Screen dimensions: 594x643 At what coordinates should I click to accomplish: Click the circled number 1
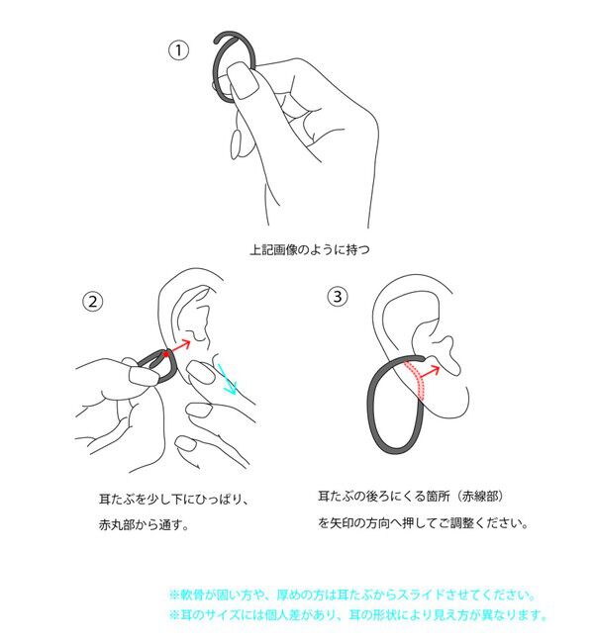pyautogui.click(x=178, y=50)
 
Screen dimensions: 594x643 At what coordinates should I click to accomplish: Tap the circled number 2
pyautogui.click(x=93, y=302)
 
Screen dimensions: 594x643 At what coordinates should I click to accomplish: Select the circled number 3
pyautogui.click(x=338, y=296)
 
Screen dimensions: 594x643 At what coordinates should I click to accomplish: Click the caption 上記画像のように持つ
pyautogui.click(x=310, y=249)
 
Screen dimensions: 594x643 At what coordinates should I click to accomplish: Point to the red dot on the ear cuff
pyautogui.click(x=166, y=354)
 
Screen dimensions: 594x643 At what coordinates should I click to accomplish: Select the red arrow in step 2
pyautogui.click(x=179, y=346)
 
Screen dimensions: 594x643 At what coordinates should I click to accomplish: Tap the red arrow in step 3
pyautogui.click(x=430, y=372)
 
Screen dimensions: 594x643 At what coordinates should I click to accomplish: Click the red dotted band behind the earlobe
pyautogui.click(x=417, y=380)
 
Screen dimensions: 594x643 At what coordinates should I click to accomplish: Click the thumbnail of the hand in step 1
pyautogui.click(x=243, y=81)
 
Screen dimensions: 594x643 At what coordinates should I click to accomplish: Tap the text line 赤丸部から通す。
pyautogui.click(x=144, y=524)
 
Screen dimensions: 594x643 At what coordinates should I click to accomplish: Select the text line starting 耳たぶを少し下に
pyautogui.click(x=174, y=499)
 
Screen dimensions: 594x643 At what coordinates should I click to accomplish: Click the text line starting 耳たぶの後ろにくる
pyautogui.click(x=411, y=497)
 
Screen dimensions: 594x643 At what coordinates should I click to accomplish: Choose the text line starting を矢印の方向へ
pyautogui.click(x=424, y=523)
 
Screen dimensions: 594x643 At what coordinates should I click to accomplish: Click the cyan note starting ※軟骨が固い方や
pyautogui.click(x=353, y=595)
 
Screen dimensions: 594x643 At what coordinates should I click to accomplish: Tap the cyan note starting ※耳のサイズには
pyautogui.click(x=359, y=614)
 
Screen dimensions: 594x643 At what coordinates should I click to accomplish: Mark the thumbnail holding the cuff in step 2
pyautogui.click(x=144, y=375)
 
